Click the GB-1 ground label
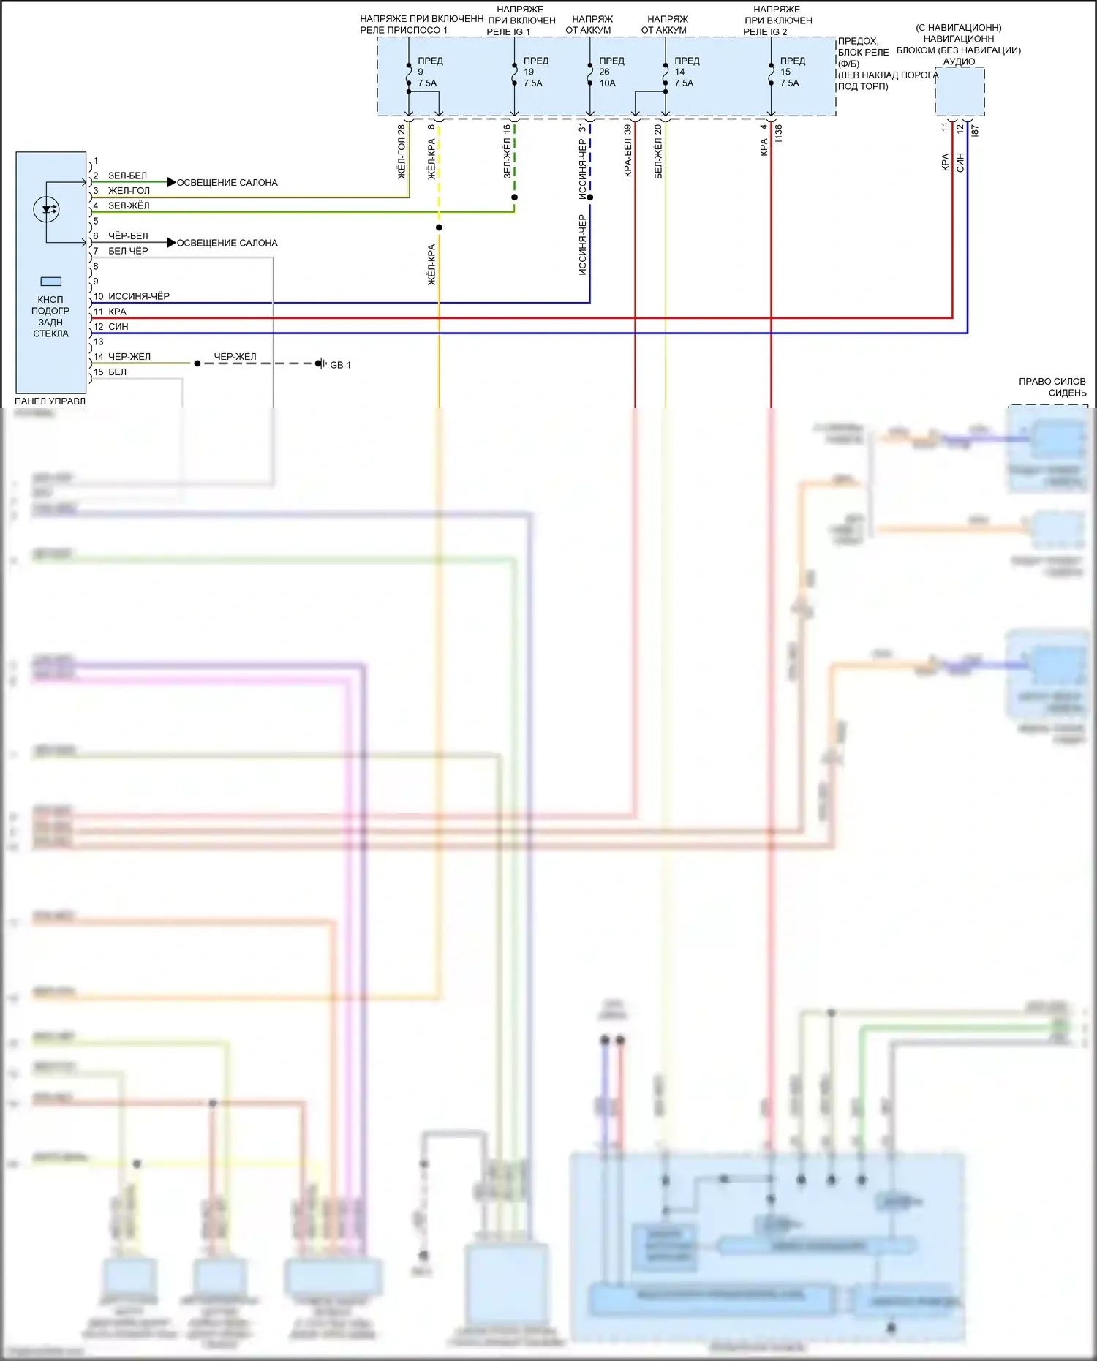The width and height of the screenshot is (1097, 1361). [340, 365]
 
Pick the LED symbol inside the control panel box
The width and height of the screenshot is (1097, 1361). [47, 210]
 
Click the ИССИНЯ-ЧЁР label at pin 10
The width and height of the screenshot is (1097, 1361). [139, 296]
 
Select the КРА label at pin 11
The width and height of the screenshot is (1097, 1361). [117, 312]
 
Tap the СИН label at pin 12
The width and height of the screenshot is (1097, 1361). [118, 327]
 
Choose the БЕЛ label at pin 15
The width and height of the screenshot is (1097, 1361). [117, 372]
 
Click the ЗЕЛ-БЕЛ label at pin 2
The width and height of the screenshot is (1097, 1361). [127, 176]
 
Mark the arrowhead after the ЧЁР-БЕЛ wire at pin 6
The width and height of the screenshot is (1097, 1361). [171, 242]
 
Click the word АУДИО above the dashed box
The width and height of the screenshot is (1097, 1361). [959, 61]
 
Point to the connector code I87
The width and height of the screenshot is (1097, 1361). [975, 130]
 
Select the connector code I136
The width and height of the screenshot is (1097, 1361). [779, 132]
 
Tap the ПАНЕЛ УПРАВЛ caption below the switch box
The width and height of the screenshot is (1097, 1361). [50, 401]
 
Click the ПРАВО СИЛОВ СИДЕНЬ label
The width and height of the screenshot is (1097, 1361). [1052, 387]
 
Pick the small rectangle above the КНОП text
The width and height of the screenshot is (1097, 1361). [51, 282]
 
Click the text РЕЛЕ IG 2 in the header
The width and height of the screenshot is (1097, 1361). [765, 31]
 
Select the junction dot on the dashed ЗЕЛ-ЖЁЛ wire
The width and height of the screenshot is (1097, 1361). [515, 197]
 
